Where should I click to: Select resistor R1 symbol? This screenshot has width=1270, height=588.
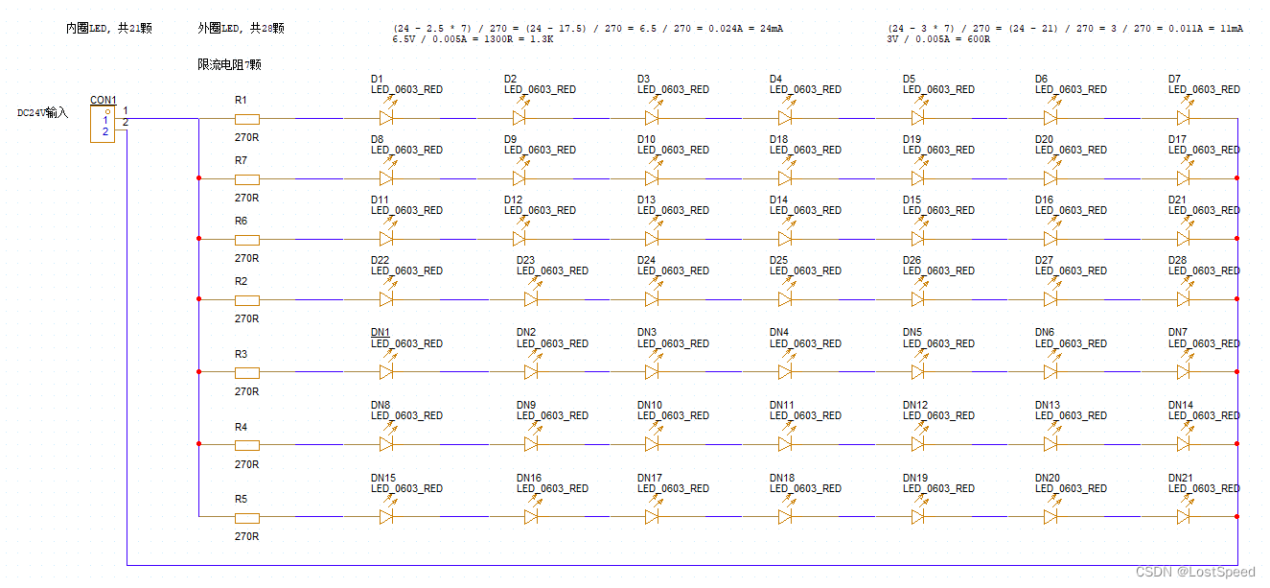tap(247, 119)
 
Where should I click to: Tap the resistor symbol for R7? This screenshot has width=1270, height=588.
tap(247, 178)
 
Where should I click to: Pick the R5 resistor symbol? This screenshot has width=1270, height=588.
tap(247, 517)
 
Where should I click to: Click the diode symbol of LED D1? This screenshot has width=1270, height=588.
tap(387, 118)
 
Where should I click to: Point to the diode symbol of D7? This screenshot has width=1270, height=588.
tap(1183, 118)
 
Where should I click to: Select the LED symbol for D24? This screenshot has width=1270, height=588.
tap(652, 298)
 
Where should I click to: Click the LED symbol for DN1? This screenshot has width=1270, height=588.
tap(387, 371)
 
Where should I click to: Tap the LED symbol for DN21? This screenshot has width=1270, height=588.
tap(1183, 516)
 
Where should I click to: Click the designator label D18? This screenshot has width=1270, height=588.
tap(777, 139)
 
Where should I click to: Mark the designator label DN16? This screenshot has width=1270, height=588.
tap(528, 478)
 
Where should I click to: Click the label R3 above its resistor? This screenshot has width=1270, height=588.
tap(241, 355)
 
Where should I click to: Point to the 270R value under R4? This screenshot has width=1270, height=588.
tap(246, 464)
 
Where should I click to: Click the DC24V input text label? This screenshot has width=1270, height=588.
tap(43, 113)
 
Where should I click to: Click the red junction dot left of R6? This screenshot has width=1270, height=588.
tap(198, 239)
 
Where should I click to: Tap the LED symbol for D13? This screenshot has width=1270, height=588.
tap(652, 238)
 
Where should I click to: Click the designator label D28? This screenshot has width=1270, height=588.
tap(1177, 260)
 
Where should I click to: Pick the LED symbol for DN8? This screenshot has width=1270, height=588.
tap(387, 444)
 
